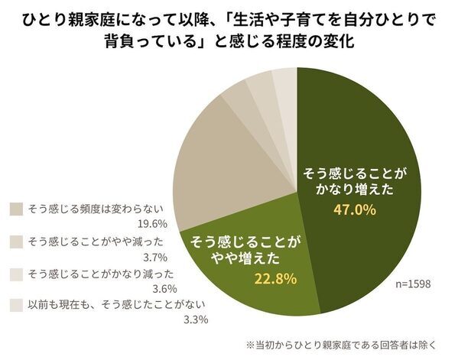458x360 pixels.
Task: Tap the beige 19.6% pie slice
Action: (x=214, y=168)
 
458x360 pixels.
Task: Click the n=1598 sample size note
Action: (x=410, y=284)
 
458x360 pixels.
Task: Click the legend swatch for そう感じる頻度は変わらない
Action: (x=17, y=209)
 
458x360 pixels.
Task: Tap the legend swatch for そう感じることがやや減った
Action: (x=17, y=241)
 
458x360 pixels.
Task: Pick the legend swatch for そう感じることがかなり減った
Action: (x=17, y=273)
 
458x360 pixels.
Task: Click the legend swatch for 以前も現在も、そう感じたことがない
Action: (x=17, y=304)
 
